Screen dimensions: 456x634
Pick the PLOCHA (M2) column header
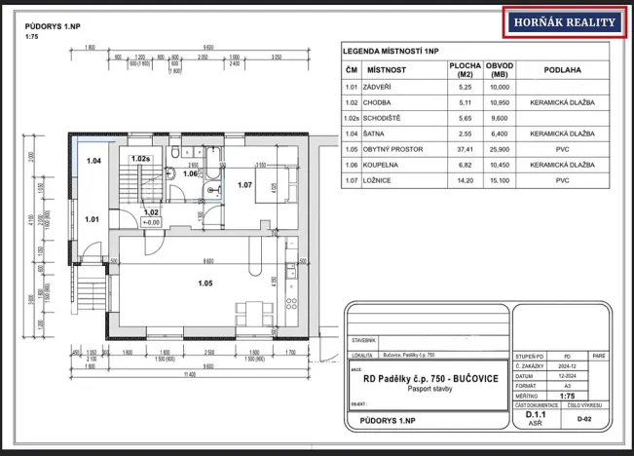click(x=463, y=70)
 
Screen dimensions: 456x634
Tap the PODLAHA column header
click(x=564, y=70)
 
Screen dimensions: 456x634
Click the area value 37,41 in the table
click(x=463, y=152)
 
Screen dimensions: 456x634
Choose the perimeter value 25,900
click(x=501, y=152)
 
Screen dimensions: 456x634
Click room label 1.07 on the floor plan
click(x=243, y=184)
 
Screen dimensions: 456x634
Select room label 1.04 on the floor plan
click(x=93, y=160)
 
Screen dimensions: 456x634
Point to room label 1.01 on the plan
click(x=92, y=219)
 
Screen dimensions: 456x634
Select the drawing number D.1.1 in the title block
click(x=535, y=414)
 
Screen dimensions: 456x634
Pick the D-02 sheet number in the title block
click(x=583, y=419)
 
